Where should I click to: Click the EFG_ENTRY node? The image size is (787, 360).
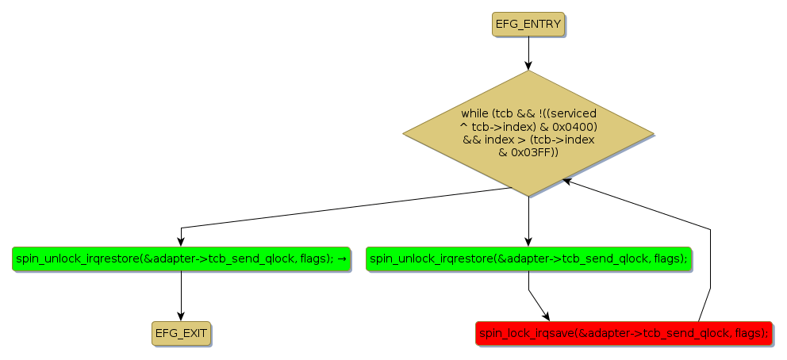coord(528,25)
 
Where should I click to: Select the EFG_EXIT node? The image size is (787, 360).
coord(182,334)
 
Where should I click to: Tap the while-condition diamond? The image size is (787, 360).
coord(528,133)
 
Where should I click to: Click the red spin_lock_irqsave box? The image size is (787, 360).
coord(624,334)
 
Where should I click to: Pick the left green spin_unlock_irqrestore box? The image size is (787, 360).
coord(182,259)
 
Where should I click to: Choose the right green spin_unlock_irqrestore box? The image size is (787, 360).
coord(528,259)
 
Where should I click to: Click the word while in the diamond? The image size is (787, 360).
coord(474,114)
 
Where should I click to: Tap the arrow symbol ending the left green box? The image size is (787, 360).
coord(341,259)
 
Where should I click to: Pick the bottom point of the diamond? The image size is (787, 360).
coord(528,196)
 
